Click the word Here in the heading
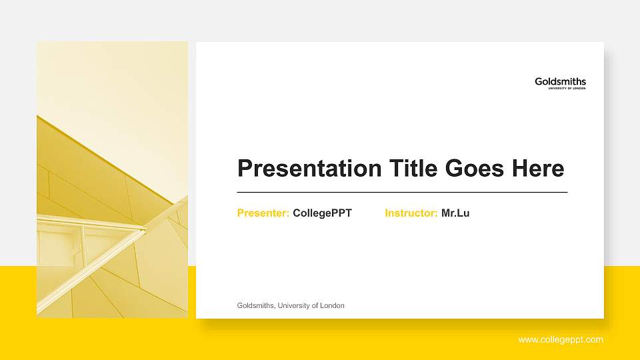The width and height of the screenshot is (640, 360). [538, 168]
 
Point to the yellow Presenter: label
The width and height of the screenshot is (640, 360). [263, 213]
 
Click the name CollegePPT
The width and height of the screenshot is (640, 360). [322, 213]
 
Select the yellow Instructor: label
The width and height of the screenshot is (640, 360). [411, 213]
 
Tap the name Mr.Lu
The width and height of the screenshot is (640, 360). [455, 213]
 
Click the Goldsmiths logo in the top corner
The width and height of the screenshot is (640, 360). [560, 81]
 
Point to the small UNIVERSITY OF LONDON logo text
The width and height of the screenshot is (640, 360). [567, 88]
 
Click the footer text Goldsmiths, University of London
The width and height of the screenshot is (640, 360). [291, 305]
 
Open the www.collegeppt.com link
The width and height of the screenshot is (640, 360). [561, 340]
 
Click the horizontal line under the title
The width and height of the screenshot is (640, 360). [402, 192]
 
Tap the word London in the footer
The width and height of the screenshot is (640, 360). [332, 305]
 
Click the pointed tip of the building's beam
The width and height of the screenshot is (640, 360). [145, 230]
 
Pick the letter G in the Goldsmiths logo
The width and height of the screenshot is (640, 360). [539, 81]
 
